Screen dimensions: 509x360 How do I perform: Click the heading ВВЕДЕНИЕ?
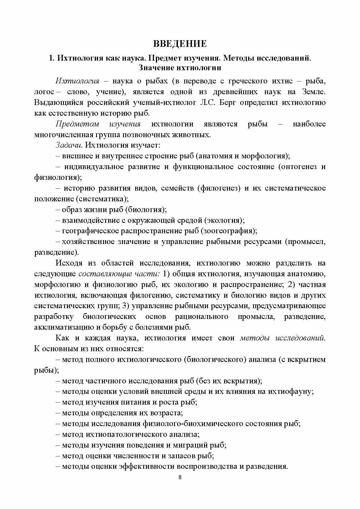point(180,44)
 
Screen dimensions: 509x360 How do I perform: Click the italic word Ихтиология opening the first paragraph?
point(77,81)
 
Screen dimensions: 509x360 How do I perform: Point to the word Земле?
point(313,92)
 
